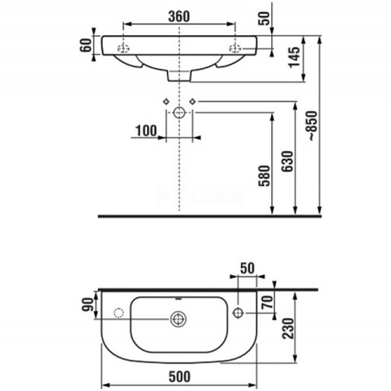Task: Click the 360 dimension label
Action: coord(179,17)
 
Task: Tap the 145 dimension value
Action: coord(294,57)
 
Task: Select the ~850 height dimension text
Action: coord(312,126)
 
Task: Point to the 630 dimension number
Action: coord(287,161)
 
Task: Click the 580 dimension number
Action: coord(264,176)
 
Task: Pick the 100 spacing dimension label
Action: coord(146,130)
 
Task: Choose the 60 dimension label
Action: coord(86,45)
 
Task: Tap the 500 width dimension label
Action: coord(179,376)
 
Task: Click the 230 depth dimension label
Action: coord(288,328)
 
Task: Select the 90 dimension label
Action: coord(88,304)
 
